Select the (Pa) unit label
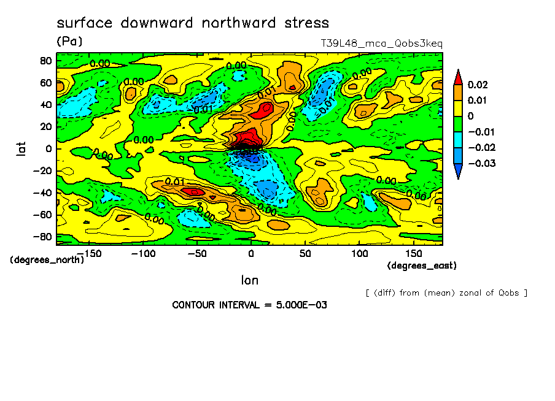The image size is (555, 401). coord(69,41)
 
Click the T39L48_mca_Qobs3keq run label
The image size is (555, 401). coord(381,44)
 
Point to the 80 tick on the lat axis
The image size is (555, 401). coord(45,60)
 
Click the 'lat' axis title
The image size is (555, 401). coord(21,148)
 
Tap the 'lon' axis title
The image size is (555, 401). coord(249,280)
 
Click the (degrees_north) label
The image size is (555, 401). coord(47,259)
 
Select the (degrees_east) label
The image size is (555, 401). coord(422,265)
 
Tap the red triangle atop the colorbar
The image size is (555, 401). coord(457,76)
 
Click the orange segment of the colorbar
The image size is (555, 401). coord(457,92)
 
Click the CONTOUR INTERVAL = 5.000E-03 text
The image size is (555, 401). coord(249,305)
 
